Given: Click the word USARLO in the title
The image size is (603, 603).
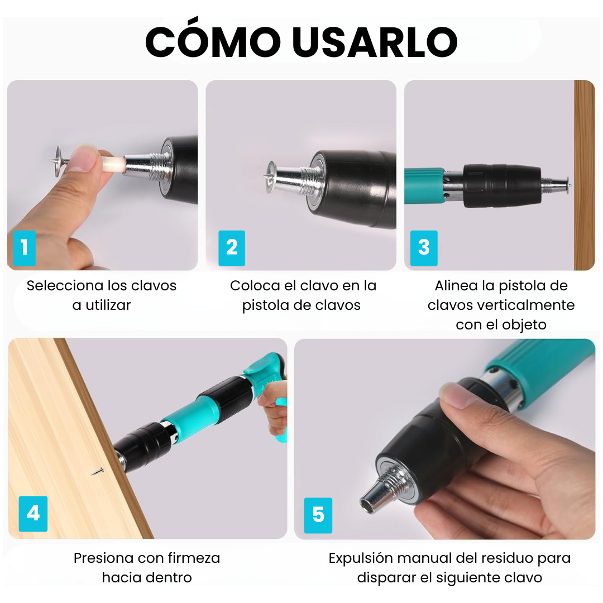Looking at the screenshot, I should [375, 42].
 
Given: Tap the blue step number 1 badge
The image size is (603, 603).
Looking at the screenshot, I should [24, 247].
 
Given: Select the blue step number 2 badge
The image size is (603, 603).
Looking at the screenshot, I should [232, 247].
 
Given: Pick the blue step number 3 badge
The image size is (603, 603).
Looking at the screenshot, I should [424, 247].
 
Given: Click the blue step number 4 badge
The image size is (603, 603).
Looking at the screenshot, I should [33, 513].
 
